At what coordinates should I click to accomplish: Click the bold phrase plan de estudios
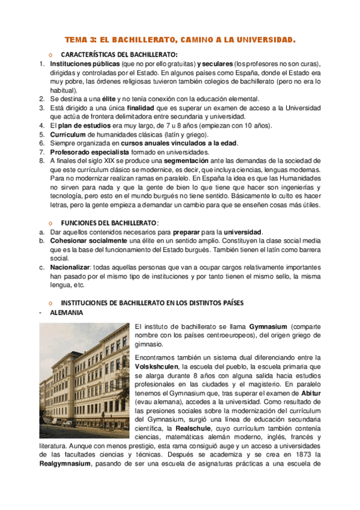(84, 125)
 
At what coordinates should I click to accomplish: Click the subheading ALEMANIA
(67, 313)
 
